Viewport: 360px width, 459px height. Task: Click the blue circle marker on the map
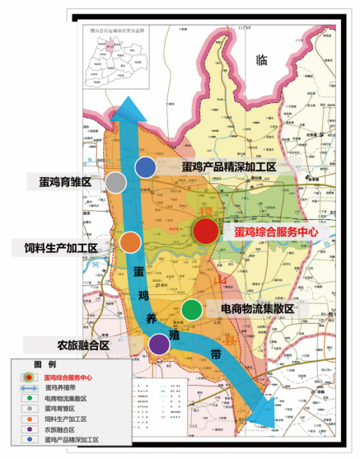pos(146,168)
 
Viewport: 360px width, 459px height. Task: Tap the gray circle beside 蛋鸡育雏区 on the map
pos(117,182)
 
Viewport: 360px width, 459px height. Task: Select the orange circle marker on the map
pos(130,242)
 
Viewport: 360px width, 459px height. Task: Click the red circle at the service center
pos(205,232)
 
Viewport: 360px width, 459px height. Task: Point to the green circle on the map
pos(191,310)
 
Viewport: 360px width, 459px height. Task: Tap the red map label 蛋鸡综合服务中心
pos(275,233)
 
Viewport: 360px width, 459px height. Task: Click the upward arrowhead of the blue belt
pos(125,105)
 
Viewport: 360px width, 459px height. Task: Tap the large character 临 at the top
pos(262,59)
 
